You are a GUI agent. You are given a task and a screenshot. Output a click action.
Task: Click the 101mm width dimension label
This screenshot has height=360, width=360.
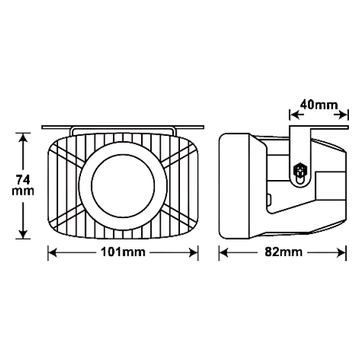pos(123,252)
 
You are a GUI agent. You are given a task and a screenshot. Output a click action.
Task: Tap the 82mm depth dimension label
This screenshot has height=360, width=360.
pos(283,252)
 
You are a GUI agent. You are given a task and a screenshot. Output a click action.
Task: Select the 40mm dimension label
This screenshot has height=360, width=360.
pos(318,105)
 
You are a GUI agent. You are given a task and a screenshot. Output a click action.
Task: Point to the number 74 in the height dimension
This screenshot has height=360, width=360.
pos(23,180)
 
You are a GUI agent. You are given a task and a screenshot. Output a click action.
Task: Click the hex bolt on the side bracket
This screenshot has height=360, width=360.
pos(299,171)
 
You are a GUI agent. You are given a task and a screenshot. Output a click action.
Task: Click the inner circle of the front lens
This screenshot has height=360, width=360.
pos(123,186)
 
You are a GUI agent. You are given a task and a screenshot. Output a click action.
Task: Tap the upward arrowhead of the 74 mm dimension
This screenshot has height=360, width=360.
pos(23,138)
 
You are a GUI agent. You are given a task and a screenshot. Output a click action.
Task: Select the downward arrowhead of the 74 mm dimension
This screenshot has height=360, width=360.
pos(23,234)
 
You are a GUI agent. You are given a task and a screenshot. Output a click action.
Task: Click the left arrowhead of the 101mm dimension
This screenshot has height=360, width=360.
pos(53,253)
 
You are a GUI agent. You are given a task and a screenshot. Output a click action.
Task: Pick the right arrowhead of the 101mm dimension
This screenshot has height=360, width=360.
pos(193,253)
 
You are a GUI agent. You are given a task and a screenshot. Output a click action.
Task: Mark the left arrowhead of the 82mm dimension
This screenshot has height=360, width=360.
pos(224,253)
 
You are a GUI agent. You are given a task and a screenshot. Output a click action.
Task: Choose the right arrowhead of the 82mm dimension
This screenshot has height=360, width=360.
pos(341,253)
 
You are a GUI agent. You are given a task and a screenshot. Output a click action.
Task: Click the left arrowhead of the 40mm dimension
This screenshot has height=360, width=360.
pos(295,115)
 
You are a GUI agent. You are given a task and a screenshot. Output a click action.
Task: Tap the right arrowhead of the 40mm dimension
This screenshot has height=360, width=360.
pos(343,115)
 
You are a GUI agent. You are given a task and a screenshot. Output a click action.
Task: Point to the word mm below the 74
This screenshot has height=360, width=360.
pos(23,192)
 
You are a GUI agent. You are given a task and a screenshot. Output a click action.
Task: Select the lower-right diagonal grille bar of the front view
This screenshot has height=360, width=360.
pos(179,218)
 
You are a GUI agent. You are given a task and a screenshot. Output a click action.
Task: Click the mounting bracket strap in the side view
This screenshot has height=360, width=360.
pos(300,156)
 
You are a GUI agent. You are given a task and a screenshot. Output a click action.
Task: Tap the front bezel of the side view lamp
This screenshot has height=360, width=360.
pos(235,186)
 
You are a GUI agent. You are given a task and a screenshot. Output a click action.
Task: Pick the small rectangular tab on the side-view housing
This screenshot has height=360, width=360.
pos(269,199)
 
